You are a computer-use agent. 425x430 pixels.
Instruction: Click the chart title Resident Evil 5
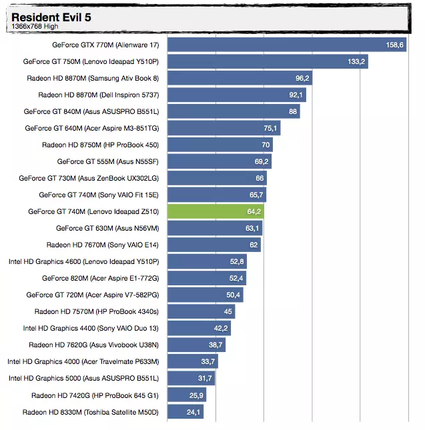tap(51, 17)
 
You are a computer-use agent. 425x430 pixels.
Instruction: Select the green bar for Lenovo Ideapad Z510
tap(216, 211)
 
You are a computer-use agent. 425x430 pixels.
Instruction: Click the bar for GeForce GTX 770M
tap(286, 45)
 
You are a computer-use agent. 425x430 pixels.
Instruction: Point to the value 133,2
tap(357, 61)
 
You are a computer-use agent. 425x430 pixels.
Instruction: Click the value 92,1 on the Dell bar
tap(296, 95)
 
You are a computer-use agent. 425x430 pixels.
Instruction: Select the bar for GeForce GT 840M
tap(233, 111)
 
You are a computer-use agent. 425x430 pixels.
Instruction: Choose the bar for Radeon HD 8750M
tap(220, 145)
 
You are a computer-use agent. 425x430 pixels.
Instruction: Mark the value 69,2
tap(262, 161)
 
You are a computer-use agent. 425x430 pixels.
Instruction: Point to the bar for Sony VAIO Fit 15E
tap(217, 195)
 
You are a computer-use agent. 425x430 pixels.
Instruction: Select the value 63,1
tap(252, 228)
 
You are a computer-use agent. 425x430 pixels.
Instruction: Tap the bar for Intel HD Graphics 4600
tap(207, 261)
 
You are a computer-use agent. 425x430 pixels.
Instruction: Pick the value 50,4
tap(234, 295)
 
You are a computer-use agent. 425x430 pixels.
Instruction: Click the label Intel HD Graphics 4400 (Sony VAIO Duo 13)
tap(91, 328)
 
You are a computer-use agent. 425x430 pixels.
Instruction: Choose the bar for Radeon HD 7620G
tap(196, 345)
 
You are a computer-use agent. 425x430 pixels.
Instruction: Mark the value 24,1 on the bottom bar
tap(193, 412)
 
